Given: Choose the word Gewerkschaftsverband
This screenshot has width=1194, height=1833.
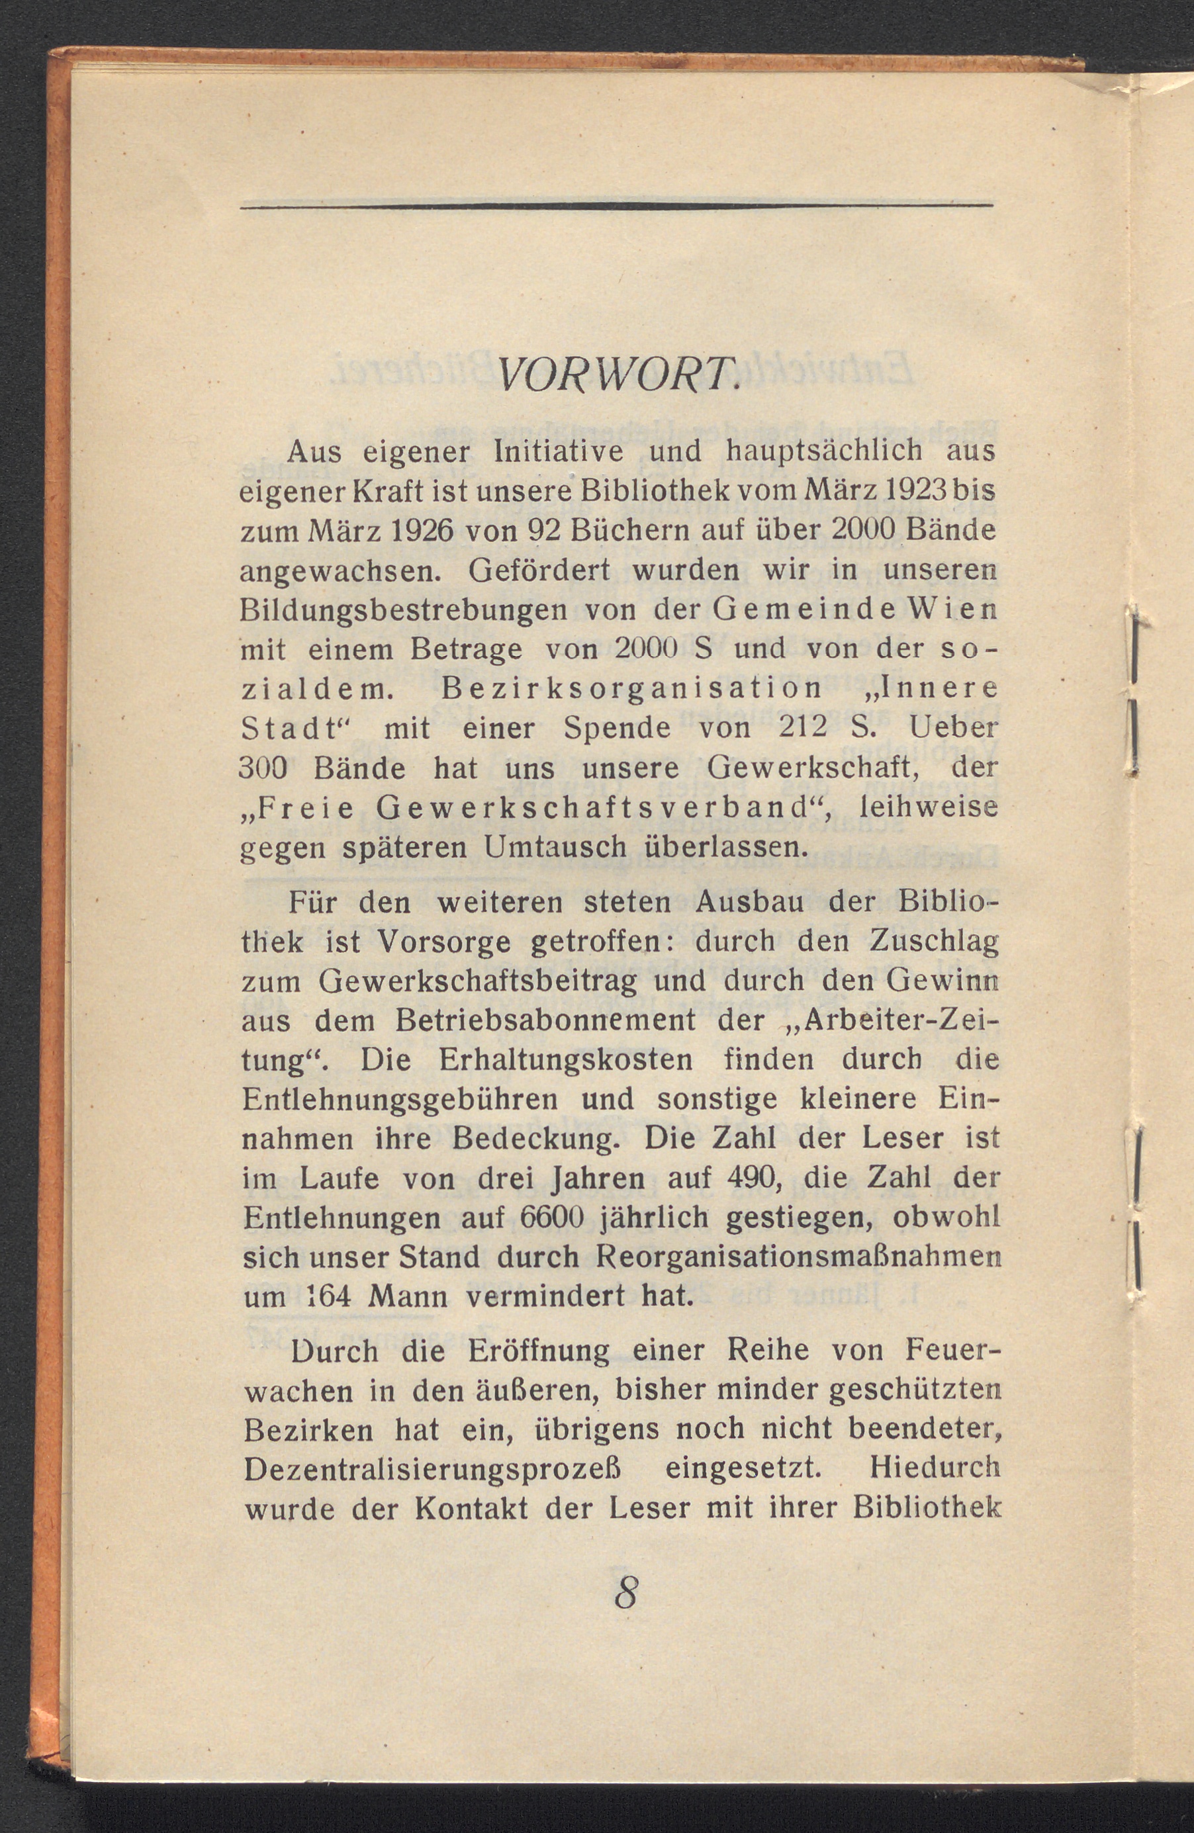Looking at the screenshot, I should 592,808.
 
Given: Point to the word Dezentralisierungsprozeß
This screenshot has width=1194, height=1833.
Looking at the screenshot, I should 432,1468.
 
